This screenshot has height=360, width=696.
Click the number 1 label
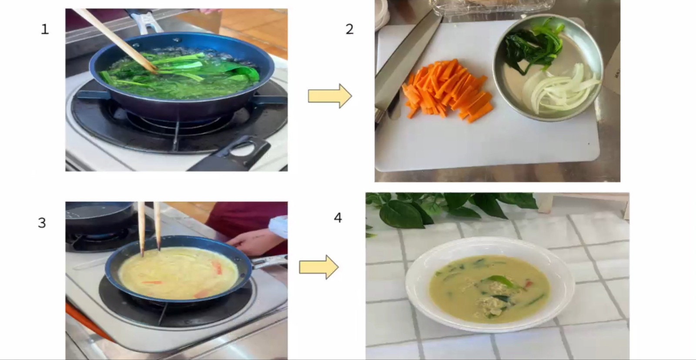pyautogui.click(x=45, y=29)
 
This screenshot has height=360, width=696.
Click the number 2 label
pyautogui.click(x=350, y=29)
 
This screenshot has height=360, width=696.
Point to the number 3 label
pyautogui.click(x=42, y=223)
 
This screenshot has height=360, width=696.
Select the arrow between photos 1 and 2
pyautogui.click(x=330, y=96)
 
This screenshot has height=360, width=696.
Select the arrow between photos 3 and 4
pyautogui.click(x=319, y=267)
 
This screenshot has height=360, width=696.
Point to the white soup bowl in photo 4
pyautogui.click(x=490, y=284)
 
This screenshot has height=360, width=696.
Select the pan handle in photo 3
pyautogui.click(x=269, y=261)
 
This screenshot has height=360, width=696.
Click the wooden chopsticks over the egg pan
pyautogui.click(x=149, y=229)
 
